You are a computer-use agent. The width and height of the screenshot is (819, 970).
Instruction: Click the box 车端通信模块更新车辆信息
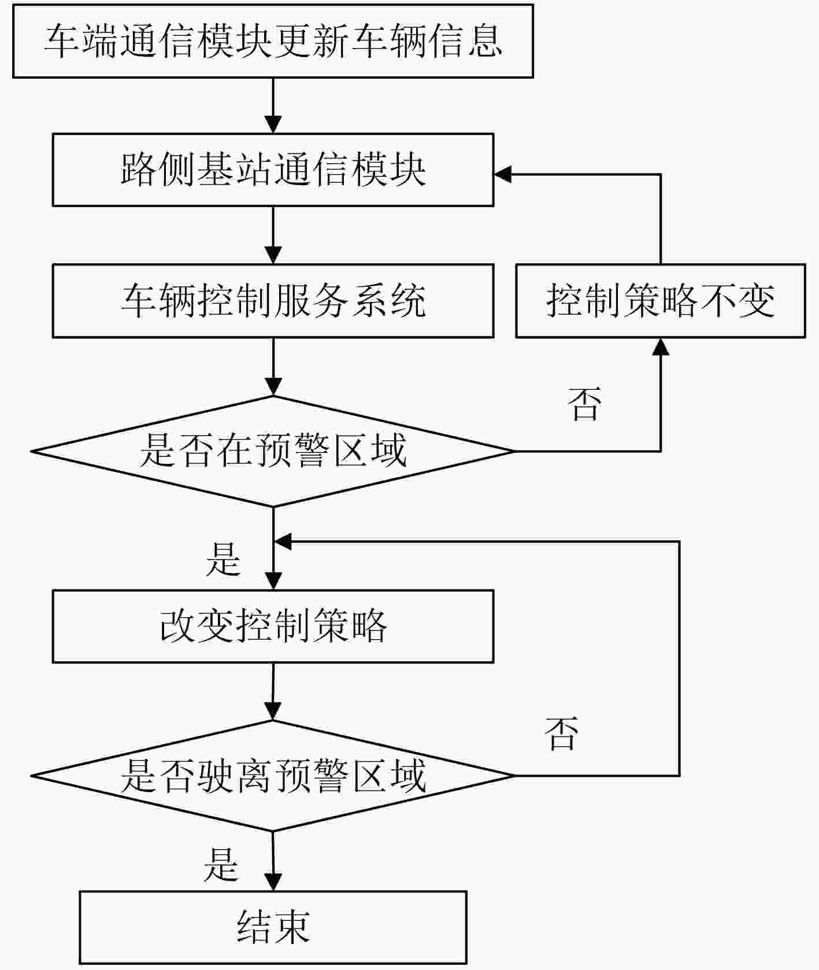[273, 41]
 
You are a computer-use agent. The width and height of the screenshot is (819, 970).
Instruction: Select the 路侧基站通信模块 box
[273, 170]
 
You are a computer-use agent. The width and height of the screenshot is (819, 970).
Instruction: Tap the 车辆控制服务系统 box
[273, 301]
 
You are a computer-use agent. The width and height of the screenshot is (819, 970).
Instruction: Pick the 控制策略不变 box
[660, 301]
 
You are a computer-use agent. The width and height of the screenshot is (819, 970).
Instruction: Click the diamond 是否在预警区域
[273, 451]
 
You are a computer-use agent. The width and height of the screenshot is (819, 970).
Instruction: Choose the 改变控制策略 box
[273, 626]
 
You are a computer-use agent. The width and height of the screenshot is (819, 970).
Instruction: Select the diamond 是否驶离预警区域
[273, 776]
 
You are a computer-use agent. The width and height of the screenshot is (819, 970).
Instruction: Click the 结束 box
[273, 927]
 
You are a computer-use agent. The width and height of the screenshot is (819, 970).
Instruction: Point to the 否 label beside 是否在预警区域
[584, 404]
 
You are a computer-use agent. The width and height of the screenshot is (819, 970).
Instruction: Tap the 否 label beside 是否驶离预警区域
[561, 733]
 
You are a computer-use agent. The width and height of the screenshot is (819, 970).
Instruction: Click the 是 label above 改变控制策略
[223, 559]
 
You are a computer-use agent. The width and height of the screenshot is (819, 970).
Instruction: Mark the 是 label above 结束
[221, 865]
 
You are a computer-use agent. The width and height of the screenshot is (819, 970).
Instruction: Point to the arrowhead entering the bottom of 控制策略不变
[660, 346]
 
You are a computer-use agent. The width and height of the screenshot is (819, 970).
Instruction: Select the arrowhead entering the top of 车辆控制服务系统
[273, 256]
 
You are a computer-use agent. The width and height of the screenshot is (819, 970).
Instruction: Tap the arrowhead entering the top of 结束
[273, 882]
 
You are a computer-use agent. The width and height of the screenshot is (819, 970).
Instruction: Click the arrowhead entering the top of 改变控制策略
[273, 581]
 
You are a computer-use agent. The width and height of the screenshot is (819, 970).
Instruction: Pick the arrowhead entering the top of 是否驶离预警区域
[273, 711]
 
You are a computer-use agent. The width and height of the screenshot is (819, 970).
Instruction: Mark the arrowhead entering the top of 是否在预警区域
[273, 386]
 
